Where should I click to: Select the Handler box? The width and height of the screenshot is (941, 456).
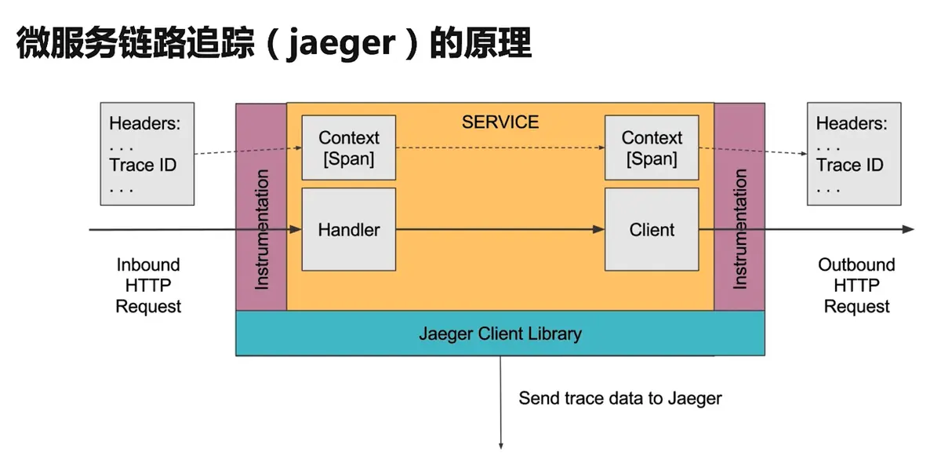[x=349, y=230]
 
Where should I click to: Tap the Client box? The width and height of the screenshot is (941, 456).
[x=652, y=230]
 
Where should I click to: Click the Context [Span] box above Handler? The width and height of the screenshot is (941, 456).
[x=349, y=148]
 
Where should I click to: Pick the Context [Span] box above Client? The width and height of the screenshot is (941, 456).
[x=652, y=148]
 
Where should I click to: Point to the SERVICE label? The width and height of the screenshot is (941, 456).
[x=500, y=122]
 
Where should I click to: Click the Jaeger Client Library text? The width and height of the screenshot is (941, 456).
[x=500, y=334]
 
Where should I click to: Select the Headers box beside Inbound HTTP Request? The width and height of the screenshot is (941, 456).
[x=147, y=154]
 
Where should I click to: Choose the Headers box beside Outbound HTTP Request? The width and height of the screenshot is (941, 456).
[x=854, y=154]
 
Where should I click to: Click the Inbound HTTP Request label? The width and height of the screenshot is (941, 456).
[x=148, y=286]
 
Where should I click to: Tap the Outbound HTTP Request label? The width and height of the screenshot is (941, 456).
[x=856, y=286]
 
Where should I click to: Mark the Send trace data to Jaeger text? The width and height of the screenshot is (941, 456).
[x=620, y=398]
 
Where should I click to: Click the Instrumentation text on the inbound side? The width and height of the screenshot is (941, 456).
[x=262, y=229]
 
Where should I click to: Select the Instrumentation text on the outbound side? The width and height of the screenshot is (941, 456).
[x=739, y=229]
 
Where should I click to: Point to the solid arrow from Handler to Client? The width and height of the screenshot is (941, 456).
[x=500, y=230]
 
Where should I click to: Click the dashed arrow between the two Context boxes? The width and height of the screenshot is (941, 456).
[x=500, y=148]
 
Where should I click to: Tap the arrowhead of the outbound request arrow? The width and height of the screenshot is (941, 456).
[x=908, y=230]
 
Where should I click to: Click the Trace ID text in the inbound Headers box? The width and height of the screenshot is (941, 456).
[x=143, y=165]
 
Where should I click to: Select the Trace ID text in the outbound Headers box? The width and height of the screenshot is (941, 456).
[x=850, y=165]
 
